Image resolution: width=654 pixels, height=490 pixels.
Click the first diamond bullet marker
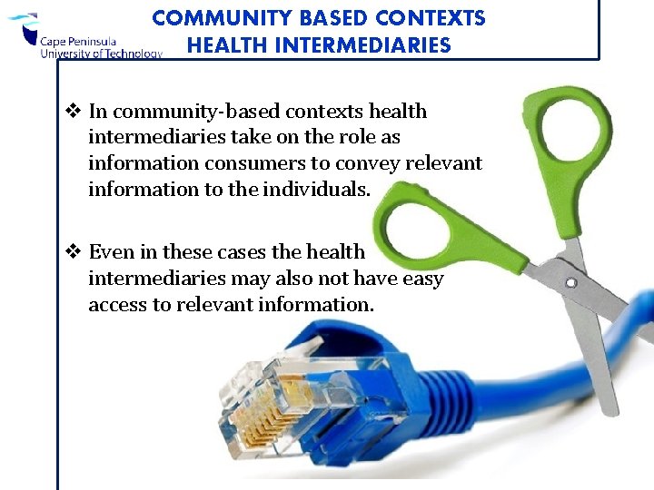[74, 112]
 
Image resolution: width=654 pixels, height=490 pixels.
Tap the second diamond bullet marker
[74, 252]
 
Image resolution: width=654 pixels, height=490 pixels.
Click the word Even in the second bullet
[110, 252]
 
